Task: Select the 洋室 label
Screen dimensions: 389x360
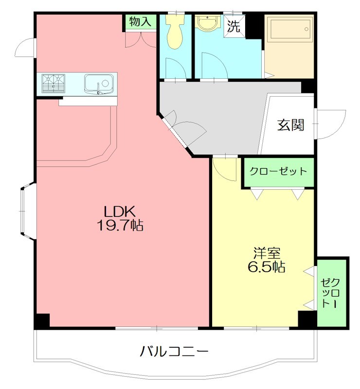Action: pos(266,253)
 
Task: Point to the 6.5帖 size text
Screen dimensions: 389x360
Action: pos(265,267)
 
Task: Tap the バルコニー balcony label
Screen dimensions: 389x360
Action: pos(175,351)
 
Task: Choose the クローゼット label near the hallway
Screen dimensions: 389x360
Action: pos(278,171)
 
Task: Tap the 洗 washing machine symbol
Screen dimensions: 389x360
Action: pos(234,26)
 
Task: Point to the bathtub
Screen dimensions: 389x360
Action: pos(289,30)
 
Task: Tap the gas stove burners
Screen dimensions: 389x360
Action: pos(54,83)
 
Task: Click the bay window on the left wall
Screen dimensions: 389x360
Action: pos(27,211)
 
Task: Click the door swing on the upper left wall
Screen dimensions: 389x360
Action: pos(25,48)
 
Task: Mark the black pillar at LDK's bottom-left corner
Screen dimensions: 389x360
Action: pos(42,320)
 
